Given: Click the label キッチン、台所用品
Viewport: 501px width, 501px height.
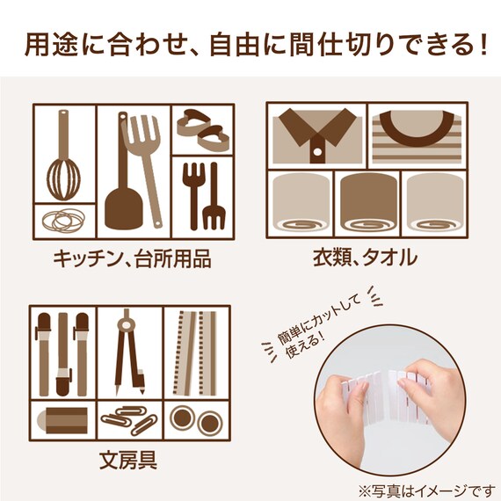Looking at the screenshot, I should [x=131, y=260].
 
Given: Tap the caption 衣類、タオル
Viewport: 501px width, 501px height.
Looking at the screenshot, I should [x=365, y=258].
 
